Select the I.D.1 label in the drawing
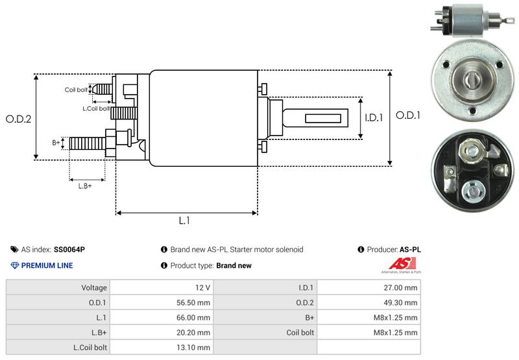375,118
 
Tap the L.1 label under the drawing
184,221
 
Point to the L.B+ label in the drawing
85,186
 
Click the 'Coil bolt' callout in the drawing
76,90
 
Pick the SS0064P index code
69,249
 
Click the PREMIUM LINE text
47,265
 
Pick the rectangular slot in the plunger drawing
323,119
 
